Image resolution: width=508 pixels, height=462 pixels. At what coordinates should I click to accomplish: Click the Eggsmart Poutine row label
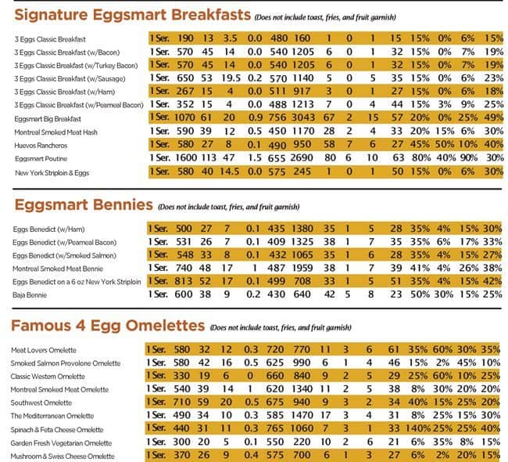click(x=39, y=158)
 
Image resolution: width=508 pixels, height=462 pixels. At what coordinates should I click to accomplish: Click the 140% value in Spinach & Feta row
click(x=416, y=430)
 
